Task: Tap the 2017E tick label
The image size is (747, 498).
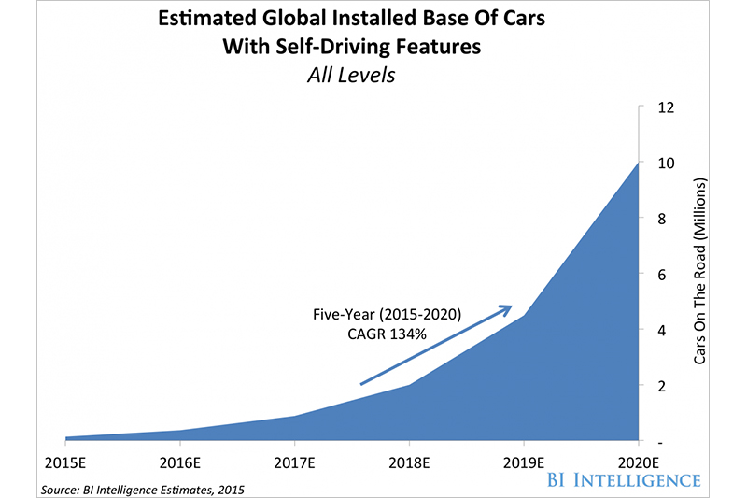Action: [x=295, y=462]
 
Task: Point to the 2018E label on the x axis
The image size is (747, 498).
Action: [x=409, y=462]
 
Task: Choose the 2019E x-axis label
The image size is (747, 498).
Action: [x=524, y=462]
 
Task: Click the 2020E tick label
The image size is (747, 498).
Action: [x=638, y=462]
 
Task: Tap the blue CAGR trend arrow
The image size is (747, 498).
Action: [x=435, y=345]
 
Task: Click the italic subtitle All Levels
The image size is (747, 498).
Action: [x=353, y=76]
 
